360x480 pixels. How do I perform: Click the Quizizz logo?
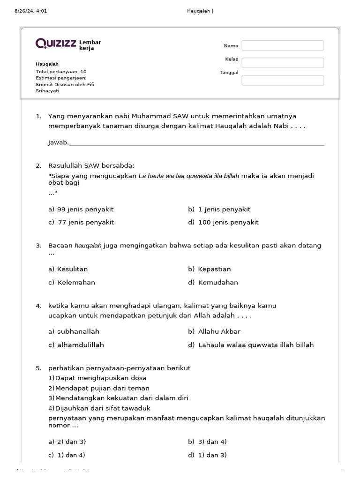56,44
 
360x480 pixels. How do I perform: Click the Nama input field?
283,45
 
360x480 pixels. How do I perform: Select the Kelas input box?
283,63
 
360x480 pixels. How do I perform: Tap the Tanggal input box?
283,80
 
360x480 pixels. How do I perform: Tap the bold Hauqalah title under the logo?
47,64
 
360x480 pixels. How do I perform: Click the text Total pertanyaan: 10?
61,71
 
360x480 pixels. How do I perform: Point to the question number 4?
38,306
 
